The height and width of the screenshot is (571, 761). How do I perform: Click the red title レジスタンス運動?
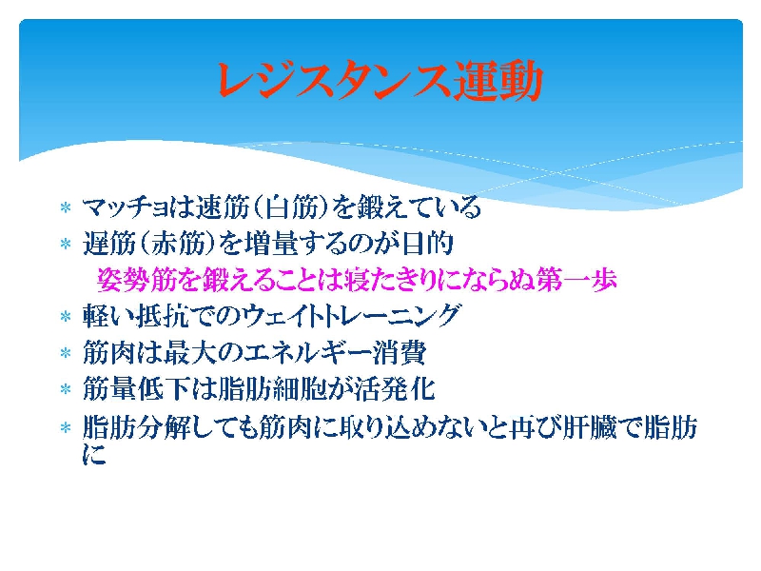pyautogui.click(x=380, y=81)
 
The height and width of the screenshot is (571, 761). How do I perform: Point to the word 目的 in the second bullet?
pyautogui.click(x=428, y=244)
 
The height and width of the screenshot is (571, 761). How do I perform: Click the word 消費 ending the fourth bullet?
pyautogui.click(x=400, y=352)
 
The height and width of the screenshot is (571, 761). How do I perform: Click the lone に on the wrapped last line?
pyautogui.click(x=94, y=455)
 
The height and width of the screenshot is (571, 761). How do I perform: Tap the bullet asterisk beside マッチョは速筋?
pyautogui.click(x=66, y=208)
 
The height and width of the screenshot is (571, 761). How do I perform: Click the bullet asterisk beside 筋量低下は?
pyautogui.click(x=66, y=390)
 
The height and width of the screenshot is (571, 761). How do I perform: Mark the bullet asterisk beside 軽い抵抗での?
pyautogui.click(x=66, y=317)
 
